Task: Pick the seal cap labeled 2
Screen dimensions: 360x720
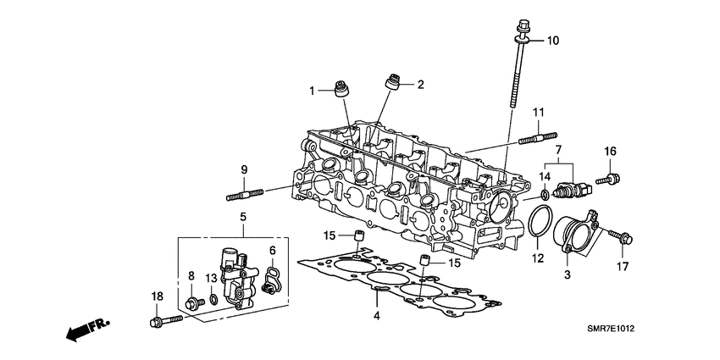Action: [x=393, y=81]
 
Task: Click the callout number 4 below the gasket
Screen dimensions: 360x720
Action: [x=377, y=317]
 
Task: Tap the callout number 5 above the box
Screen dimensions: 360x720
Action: [x=242, y=217]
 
